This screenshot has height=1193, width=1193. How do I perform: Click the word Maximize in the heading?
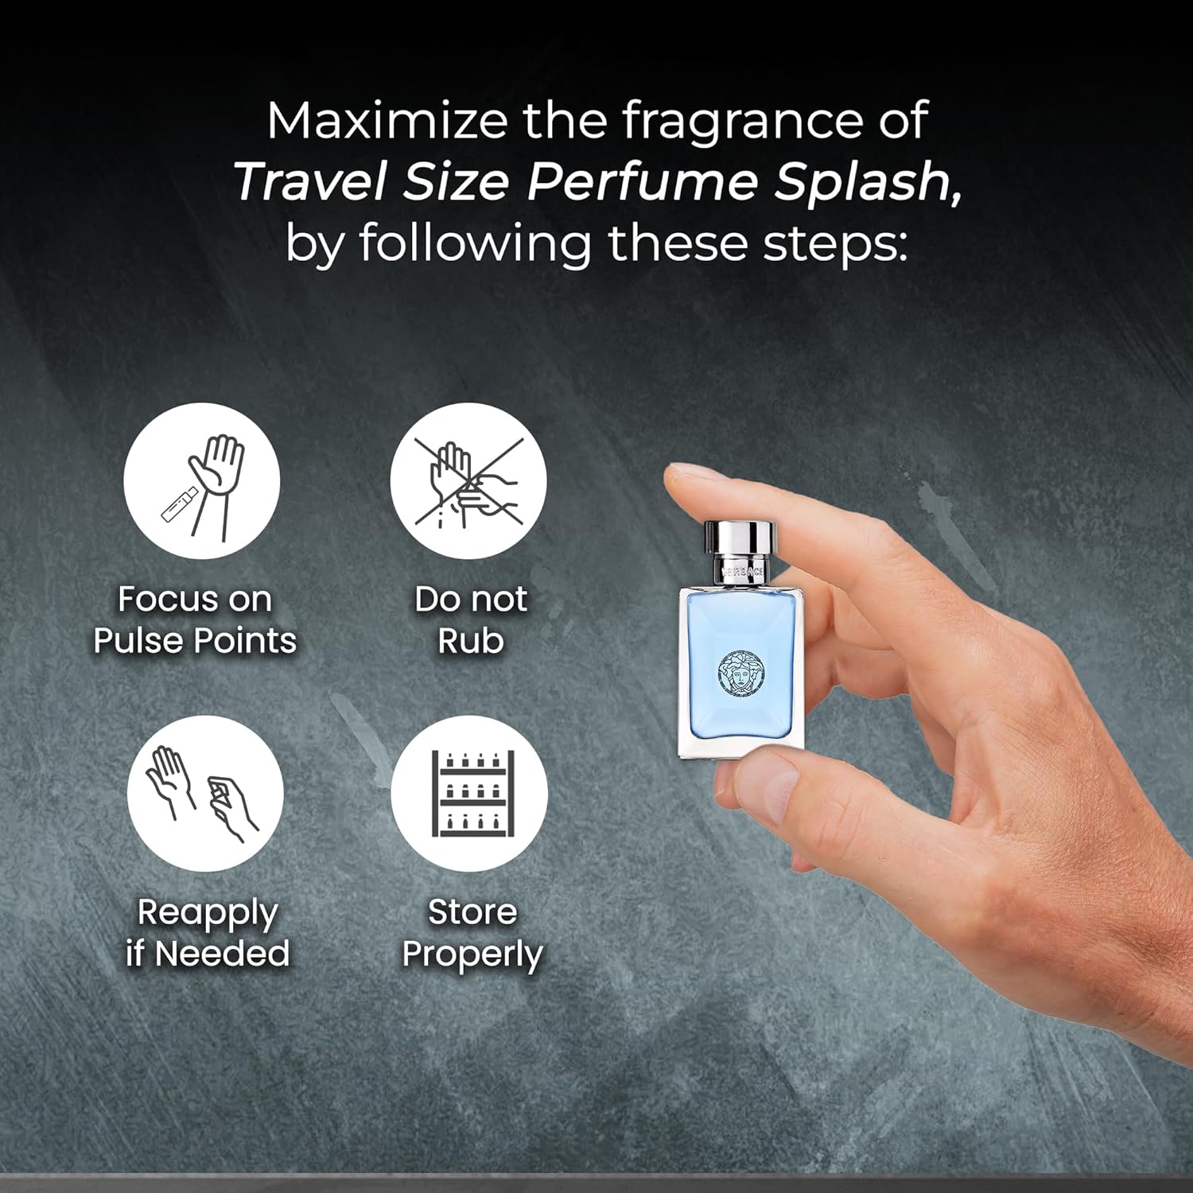(x=387, y=121)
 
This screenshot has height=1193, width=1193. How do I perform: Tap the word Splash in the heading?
(x=868, y=182)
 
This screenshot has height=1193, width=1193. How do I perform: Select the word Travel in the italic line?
(x=311, y=182)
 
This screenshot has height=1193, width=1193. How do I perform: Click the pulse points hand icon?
(x=202, y=481)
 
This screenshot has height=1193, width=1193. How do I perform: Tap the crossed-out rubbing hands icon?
(x=468, y=481)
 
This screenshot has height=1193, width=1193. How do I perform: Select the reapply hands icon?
(x=205, y=794)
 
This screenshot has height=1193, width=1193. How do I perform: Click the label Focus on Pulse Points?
(x=195, y=620)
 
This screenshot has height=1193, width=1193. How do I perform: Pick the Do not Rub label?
(x=471, y=620)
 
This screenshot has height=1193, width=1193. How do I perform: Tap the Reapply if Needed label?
(x=208, y=933)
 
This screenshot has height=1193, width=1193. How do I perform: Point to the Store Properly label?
(x=472, y=933)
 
